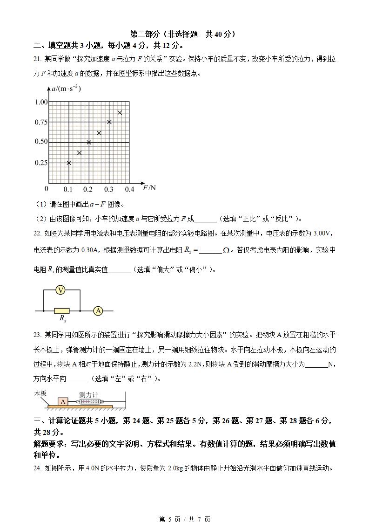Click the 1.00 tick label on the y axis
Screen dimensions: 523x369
(41, 102)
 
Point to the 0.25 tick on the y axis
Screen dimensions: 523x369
(41, 163)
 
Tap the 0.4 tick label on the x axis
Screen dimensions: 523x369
(129, 189)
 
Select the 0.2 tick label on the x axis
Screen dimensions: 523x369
(88, 189)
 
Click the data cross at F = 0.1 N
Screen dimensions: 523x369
(69, 163)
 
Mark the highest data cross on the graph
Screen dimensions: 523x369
(120, 112)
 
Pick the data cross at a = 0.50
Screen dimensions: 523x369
(89, 142)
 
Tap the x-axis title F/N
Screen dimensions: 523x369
(149, 188)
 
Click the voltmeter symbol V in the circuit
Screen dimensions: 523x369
(60, 290)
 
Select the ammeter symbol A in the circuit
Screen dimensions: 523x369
(98, 310)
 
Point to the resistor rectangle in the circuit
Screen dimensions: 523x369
(62, 310)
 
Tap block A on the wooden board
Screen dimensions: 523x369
(62, 401)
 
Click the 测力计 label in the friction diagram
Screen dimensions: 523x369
(88, 394)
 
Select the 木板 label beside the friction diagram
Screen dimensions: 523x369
(40, 393)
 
